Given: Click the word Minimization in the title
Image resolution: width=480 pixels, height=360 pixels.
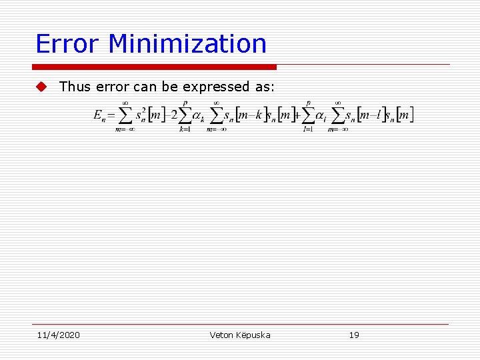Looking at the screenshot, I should [187, 44].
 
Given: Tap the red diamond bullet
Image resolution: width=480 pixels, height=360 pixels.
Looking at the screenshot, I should [42, 87].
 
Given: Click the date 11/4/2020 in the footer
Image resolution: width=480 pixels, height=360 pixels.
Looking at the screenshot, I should [57, 335].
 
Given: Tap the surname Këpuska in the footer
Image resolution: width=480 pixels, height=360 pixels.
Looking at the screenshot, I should [255, 335].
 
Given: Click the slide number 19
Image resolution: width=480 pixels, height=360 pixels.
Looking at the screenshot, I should [354, 335].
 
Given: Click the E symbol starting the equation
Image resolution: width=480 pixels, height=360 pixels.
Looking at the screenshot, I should [98, 116].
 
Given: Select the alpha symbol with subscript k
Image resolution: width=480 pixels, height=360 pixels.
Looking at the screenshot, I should [198, 116].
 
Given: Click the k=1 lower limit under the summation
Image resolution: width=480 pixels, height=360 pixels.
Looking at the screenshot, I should [185, 129].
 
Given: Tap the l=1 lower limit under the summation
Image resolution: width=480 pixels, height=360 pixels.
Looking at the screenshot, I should [308, 129].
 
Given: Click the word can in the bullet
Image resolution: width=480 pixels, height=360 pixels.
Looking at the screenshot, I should [147, 87].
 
